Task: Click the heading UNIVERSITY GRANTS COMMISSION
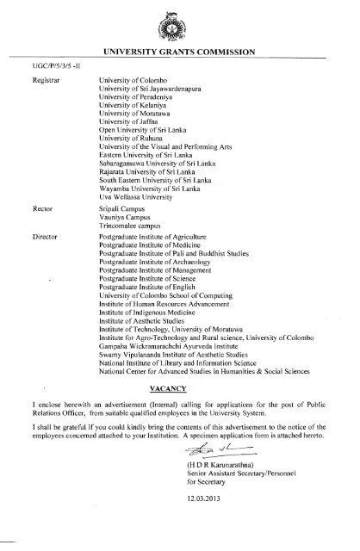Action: [179, 52]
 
